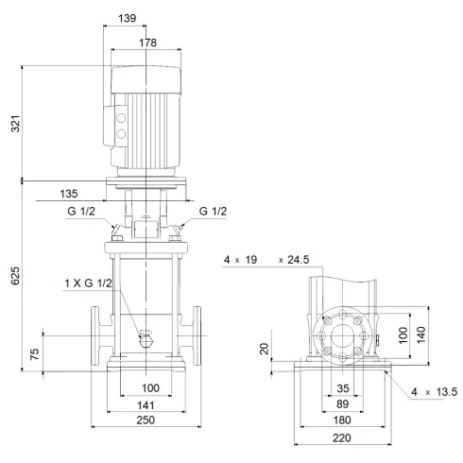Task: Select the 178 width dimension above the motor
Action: tap(144, 43)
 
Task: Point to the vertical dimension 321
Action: tap(14, 123)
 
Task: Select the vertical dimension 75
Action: tap(34, 355)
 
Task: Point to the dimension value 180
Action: tap(341, 421)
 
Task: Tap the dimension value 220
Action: tap(341, 439)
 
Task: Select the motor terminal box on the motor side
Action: tap(121, 128)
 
